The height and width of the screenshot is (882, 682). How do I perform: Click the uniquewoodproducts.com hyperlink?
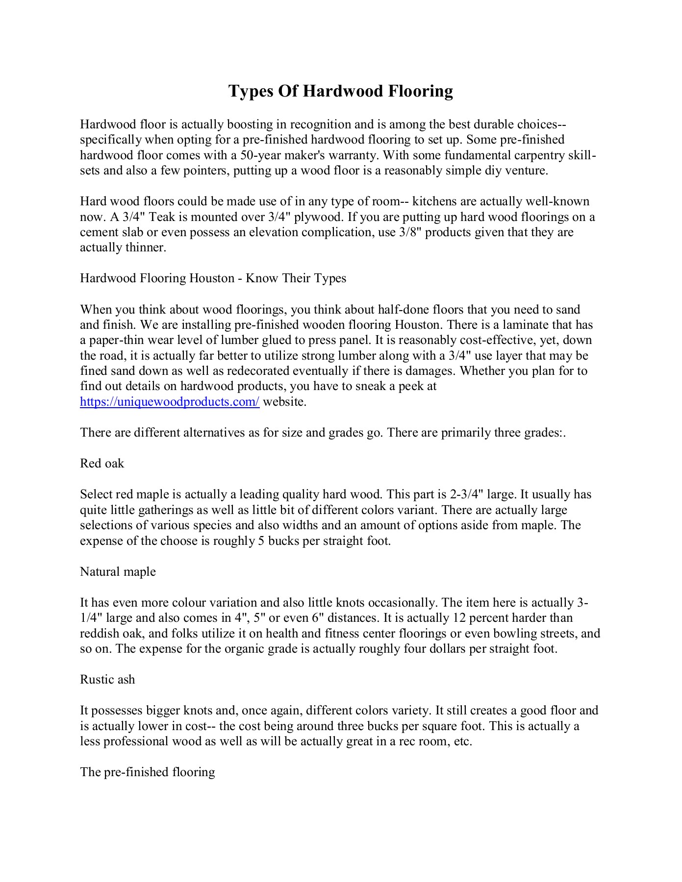pyautogui.click(x=170, y=402)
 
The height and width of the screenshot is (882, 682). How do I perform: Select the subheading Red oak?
pyautogui.click(x=102, y=464)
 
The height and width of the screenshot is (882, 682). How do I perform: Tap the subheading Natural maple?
pyautogui.click(x=118, y=572)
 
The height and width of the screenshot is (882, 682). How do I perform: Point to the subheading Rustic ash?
pyautogui.click(x=107, y=680)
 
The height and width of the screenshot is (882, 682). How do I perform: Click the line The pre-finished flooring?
pyautogui.click(x=148, y=772)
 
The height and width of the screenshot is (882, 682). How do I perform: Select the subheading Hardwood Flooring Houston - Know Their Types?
pyautogui.click(x=213, y=278)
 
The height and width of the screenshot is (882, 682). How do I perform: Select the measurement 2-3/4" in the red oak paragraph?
pyautogui.click(x=466, y=494)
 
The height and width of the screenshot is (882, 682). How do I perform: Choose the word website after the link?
pyautogui.click(x=284, y=402)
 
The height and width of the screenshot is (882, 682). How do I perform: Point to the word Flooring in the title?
pyautogui.click(x=421, y=92)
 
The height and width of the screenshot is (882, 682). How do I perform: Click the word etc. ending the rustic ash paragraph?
pyautogui.click(x=463, y=741)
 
